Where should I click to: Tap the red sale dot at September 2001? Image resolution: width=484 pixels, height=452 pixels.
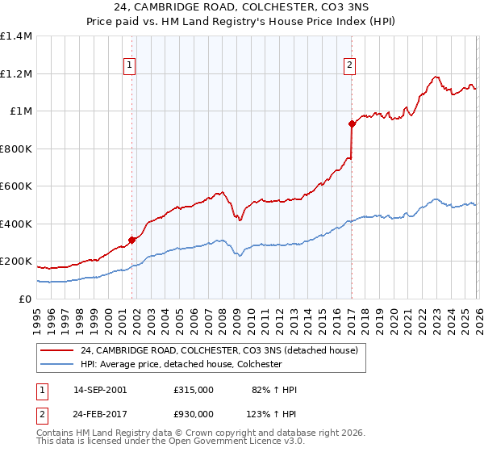(131, 240)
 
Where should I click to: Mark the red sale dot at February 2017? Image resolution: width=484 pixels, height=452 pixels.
(352, 124)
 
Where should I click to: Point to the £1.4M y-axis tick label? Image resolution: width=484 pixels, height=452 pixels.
(16, 36)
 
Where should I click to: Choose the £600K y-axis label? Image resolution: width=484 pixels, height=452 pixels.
(16, 186)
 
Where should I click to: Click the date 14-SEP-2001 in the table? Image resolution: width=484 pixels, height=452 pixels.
(100, 390)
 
